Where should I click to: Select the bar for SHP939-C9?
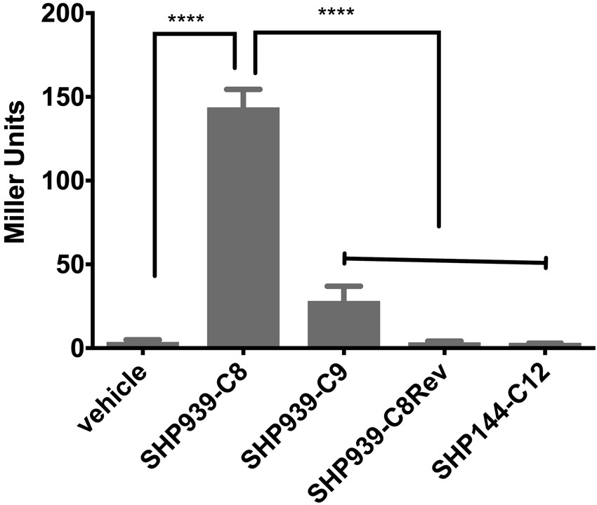tap(343, 323)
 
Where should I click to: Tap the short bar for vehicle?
tap(143, 344)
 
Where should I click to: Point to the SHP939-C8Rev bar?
tap(444, 344)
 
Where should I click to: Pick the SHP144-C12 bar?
tap(545, 344)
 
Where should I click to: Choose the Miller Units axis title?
tap(15, 172)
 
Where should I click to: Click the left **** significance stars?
tap(186, 17)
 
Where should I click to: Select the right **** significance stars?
tap(336, 13)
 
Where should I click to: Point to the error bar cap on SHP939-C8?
tap(243, 89)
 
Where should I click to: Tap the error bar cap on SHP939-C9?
tap(343, 286)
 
